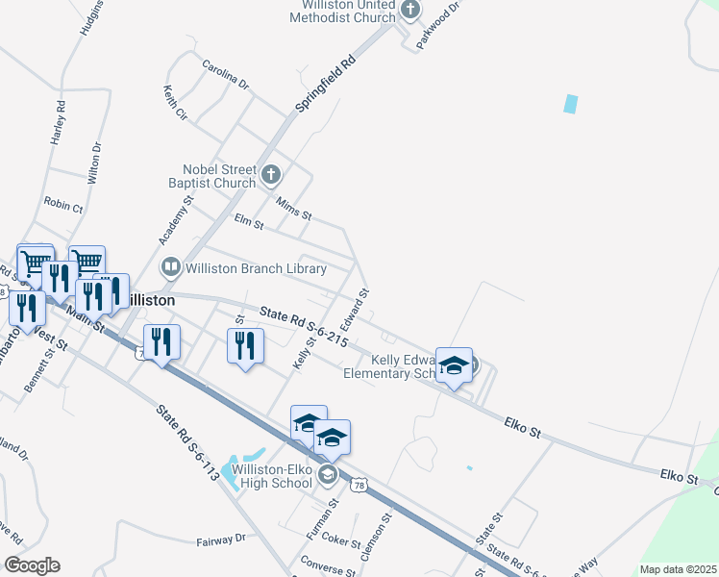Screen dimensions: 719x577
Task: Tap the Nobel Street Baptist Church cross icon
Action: (271, 174)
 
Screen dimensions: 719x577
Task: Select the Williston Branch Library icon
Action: (170, 266)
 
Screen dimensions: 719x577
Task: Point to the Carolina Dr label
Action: (225, 75)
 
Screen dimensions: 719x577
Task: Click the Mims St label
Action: (293, 207)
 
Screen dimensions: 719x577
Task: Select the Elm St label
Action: (249, 222)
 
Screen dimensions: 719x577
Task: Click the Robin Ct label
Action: (63, 205)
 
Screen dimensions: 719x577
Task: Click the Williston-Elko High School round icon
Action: (328, 474)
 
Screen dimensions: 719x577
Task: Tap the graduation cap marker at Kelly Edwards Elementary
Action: (455, 365)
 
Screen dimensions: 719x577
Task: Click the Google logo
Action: (32, 565)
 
